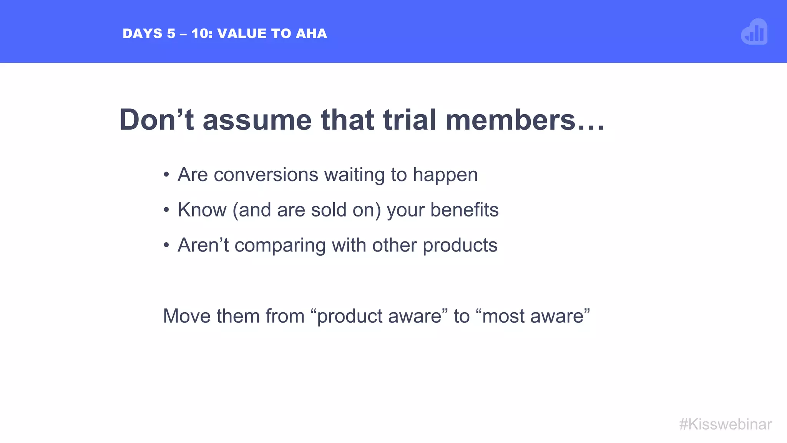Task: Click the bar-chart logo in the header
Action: (754, 32)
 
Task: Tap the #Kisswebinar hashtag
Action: (725, 425)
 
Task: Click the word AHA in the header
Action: (311, 34)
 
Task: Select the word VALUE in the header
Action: (242, 34)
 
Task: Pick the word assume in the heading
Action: (257, 120)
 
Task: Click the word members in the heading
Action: (510, 120)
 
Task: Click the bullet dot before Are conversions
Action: (166, 175)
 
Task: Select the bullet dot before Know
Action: (166, 210)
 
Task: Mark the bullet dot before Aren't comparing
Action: (166, 245)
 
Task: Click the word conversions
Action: (266, 175)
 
